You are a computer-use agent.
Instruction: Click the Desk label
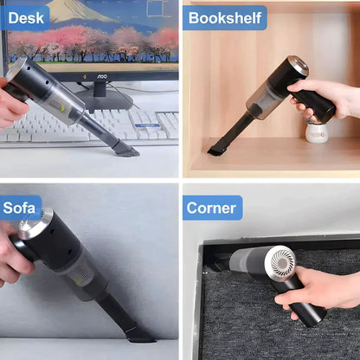pos(26,16)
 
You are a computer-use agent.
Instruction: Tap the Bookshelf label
pos(224,17)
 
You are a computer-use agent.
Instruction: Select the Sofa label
pos(22,208)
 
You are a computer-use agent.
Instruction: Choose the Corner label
pos(212,208)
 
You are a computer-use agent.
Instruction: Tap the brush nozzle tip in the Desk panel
pos(125,151)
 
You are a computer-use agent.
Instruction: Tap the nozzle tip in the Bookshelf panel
pos(216,151)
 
